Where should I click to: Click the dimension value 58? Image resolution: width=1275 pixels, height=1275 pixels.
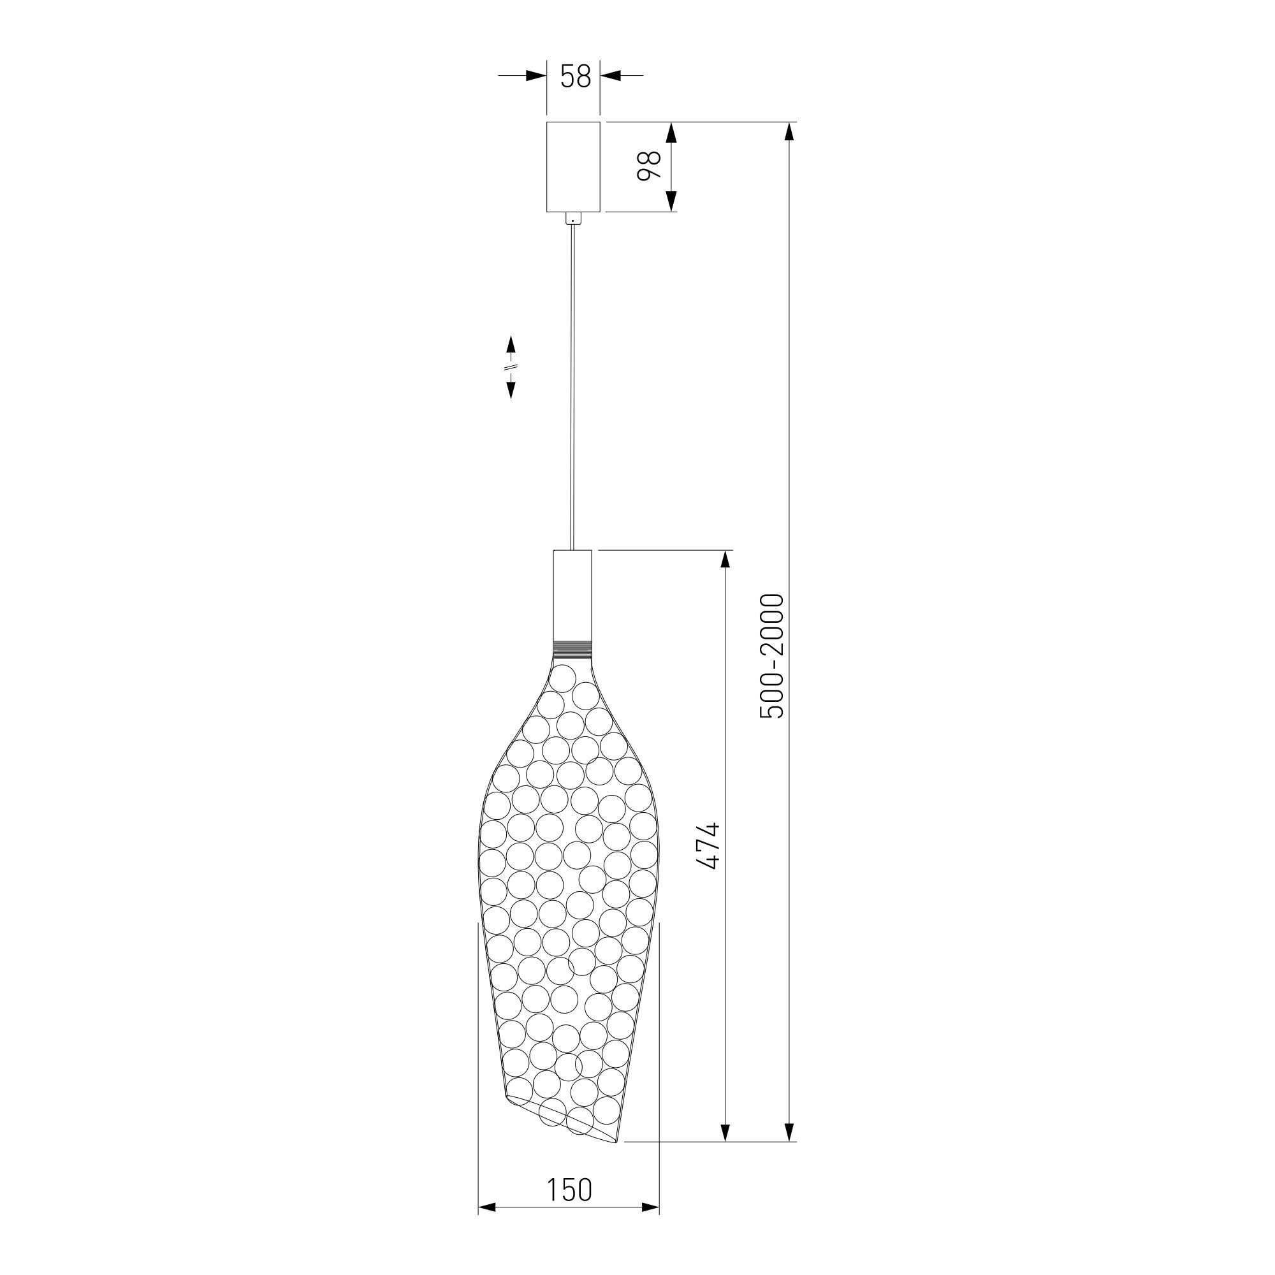(x=575, y=76)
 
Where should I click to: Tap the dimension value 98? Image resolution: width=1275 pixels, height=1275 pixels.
(x=650, y=166)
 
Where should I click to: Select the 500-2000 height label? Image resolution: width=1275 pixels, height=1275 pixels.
(x=771, y=657)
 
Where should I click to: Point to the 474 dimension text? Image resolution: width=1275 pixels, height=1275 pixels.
(x=708, y=846)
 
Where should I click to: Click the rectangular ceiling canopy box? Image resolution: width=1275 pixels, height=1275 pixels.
(x=574, y=167)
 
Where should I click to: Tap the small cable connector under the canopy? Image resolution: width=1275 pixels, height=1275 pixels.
(x=574, y=219)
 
